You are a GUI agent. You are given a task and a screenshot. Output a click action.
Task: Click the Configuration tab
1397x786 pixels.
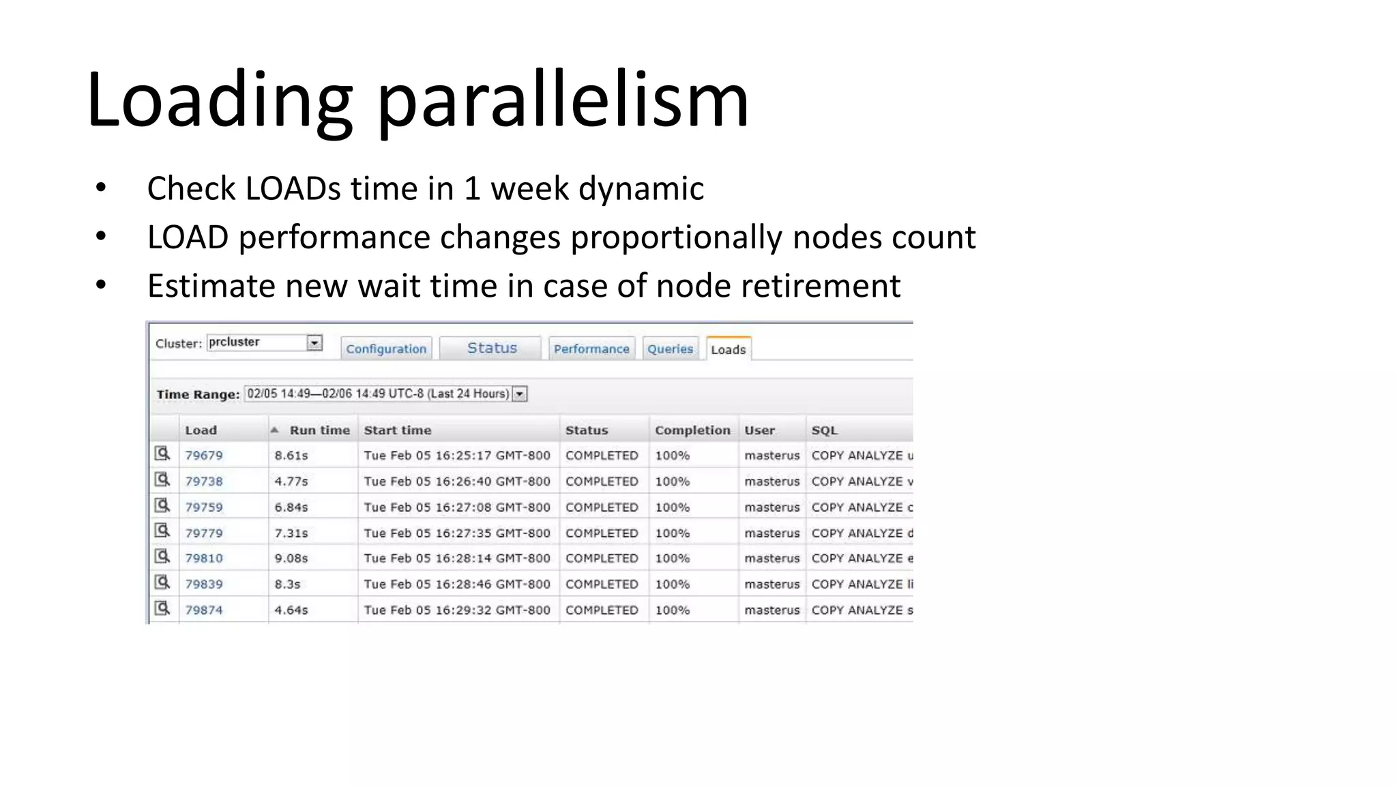click(x=386, y=349)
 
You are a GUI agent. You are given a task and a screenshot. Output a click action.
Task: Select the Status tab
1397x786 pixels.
click(x=492, y=348)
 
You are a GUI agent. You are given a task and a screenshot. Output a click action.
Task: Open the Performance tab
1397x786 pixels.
click(x=591, y=349)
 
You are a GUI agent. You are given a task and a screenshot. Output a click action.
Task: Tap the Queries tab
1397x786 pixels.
click(x=670, y=349)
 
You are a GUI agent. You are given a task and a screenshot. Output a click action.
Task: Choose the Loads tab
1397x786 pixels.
click(x=728, y=349)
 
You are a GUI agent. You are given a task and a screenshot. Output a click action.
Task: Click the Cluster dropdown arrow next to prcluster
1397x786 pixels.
click(x=314, y=343)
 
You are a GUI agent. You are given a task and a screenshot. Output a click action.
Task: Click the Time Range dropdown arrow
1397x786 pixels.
click(x=520, y=394)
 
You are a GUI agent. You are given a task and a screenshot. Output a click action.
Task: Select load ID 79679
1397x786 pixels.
click(x=204, y=455)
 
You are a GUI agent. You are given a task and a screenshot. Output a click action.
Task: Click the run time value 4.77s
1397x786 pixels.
click(x=291, y=481)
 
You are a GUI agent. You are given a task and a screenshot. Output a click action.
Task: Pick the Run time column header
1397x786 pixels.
click(x=319, y=430)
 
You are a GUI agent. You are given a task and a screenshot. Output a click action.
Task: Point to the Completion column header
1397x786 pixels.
click(x=692, y=430)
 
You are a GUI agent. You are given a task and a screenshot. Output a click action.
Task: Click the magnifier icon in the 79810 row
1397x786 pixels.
click(x=162, y=557)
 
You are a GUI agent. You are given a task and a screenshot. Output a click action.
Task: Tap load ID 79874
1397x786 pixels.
click(x=204, y=610)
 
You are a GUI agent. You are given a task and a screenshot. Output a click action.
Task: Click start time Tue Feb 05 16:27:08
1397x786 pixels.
click(x=456, y=507)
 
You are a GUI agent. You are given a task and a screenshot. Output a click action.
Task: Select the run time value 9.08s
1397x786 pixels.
click(x=291, y=558)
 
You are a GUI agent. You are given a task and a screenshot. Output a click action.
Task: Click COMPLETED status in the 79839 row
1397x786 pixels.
click(x=602, y=584)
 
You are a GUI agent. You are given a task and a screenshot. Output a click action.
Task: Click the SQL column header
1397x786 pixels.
click(x=824, y=430)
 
